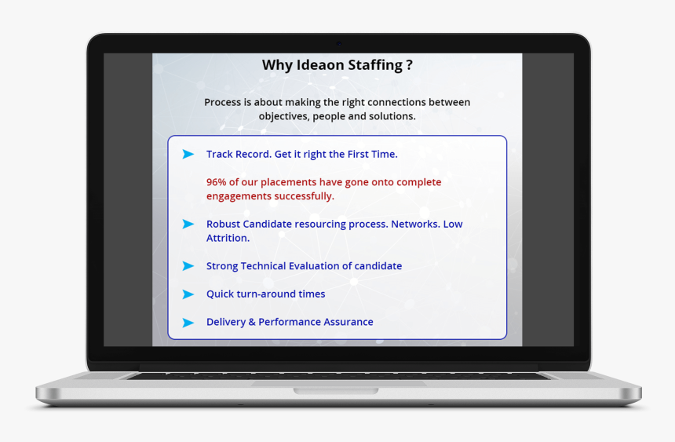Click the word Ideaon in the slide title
pyautogui.click(x=320, y=64)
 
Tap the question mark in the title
pyautogui.click(x=409, y=64)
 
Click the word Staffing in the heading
pyautogui.click(x=375, y=65)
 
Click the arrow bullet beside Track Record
pyautogui.click(x=188, y=154)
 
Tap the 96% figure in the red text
pyautogui.click(x=216, y=182)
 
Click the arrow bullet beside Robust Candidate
pyautogui.click(x=188, y=224)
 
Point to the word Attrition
pyautogui.click(x=228, y=238)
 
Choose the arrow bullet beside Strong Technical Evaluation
pyautogui.click(x=188, y=266)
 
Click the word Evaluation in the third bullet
pyautogui.click(x=314, y=266)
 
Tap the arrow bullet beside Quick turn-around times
pyautogui.click(x=188, y=294)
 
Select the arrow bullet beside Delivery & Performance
pyautogui.click(x=188, y=323)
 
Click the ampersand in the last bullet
pyautogui.click(x=252, y=322)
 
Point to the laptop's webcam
pyautogui.click(x=339, y=43)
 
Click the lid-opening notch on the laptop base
pyautogui.click(x=336, y=391)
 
